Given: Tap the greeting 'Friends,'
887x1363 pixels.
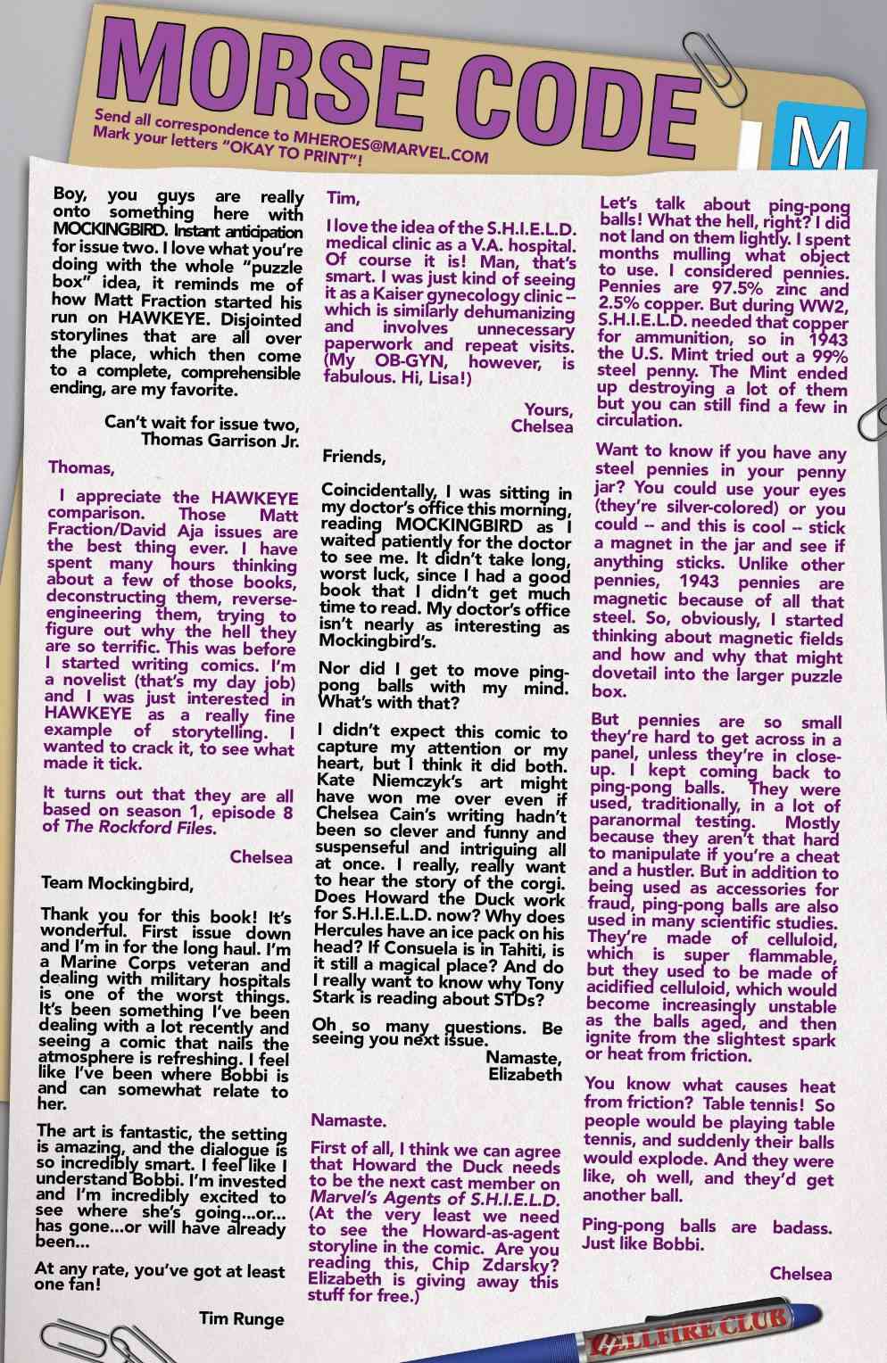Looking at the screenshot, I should coord(354,457).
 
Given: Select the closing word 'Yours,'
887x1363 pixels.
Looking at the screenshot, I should coord(548,409).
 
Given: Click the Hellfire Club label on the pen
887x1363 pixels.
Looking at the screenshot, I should coord(686,1327).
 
